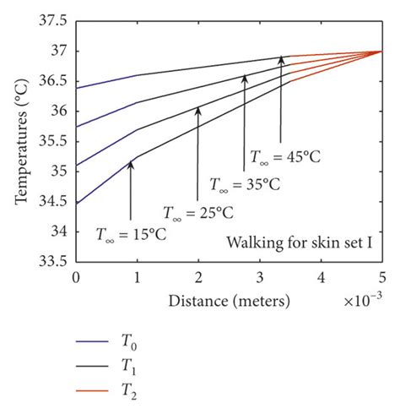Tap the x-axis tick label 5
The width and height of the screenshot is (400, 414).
pos(381,276)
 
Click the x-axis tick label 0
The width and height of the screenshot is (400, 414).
pos(76,276)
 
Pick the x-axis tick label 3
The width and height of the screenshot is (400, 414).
pos(259,276)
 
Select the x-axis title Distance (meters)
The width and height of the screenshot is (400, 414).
pos(229,300)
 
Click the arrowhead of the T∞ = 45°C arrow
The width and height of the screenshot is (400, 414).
pos(281,60)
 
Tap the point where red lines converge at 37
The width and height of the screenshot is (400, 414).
pos(381,51)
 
